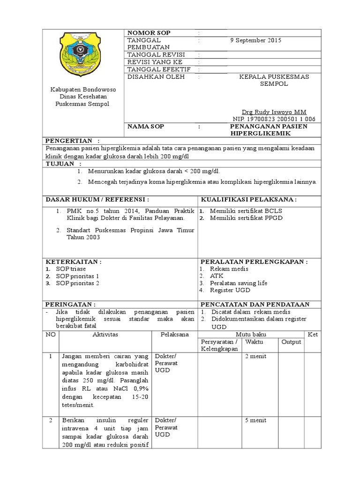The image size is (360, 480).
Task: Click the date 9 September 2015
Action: [x=256, y=40]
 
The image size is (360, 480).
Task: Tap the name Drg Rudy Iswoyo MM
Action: [x=274, y=112]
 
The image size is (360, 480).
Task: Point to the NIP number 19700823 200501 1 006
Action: [x=274, y=119]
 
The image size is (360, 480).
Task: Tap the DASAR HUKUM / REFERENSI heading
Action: [x=97, y=199]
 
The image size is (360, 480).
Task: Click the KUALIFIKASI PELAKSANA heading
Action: [x=248, y=199]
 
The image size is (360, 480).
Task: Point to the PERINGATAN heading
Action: [x=70, y=304]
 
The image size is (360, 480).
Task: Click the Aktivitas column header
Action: [x=105, y=334]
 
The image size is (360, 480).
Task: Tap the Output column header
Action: [x=291, y=342]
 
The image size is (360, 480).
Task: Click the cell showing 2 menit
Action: [x=255, y=356]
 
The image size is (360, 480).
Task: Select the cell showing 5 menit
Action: [x=255, y=420]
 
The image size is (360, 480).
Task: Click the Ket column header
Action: [x=313, y=334]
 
